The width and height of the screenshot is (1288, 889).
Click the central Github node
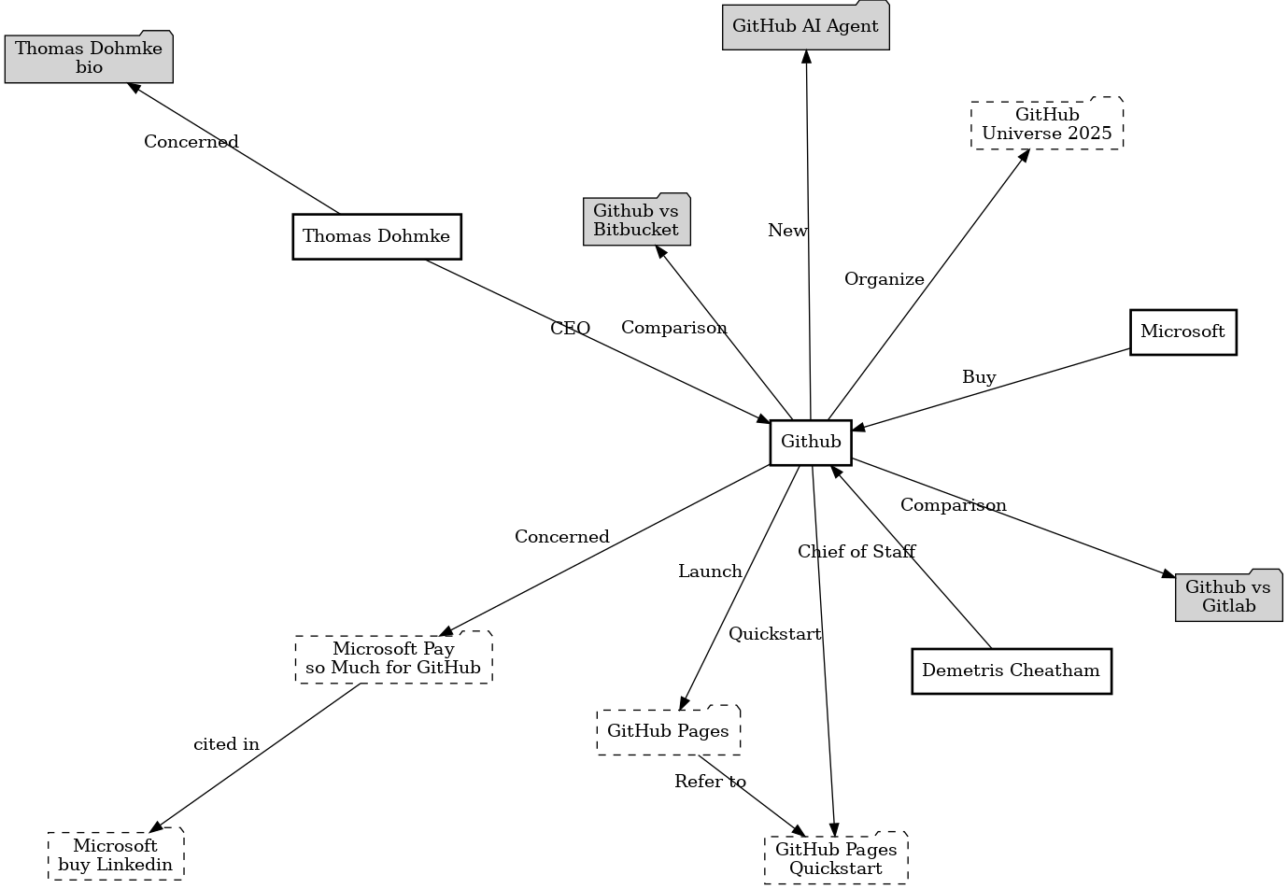click(811, 442)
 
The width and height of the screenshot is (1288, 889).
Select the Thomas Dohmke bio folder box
click(89, 58)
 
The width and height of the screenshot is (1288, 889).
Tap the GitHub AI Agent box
click(805, 26)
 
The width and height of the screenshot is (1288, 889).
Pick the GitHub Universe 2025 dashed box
click(1047, 124)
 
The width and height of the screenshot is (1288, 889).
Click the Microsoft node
click(1182, 332)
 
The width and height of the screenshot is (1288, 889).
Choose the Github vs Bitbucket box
click(636, 220)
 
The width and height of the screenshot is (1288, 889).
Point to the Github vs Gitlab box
click(1228, 596)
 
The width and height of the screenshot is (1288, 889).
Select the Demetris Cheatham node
click(1012, 670)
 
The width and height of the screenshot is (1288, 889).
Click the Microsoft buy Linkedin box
click(116, 854)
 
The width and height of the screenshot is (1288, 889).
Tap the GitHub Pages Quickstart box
click(836, 858)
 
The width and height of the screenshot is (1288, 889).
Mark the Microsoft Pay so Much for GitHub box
click(393, 658)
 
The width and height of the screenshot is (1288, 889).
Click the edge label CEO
click(570, 329)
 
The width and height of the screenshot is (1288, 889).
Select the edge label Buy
click(979, 377)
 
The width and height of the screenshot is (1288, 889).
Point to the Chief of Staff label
click(856, 552)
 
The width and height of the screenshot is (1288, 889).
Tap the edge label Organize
click(885, 279)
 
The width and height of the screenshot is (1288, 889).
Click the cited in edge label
click(226, 744)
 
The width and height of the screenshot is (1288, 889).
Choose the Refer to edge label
click(710, 782)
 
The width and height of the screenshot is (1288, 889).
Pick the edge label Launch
click(710, 571)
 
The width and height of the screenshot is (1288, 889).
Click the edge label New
click(787, 231)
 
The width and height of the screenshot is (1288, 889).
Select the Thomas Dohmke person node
click(376, 236)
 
